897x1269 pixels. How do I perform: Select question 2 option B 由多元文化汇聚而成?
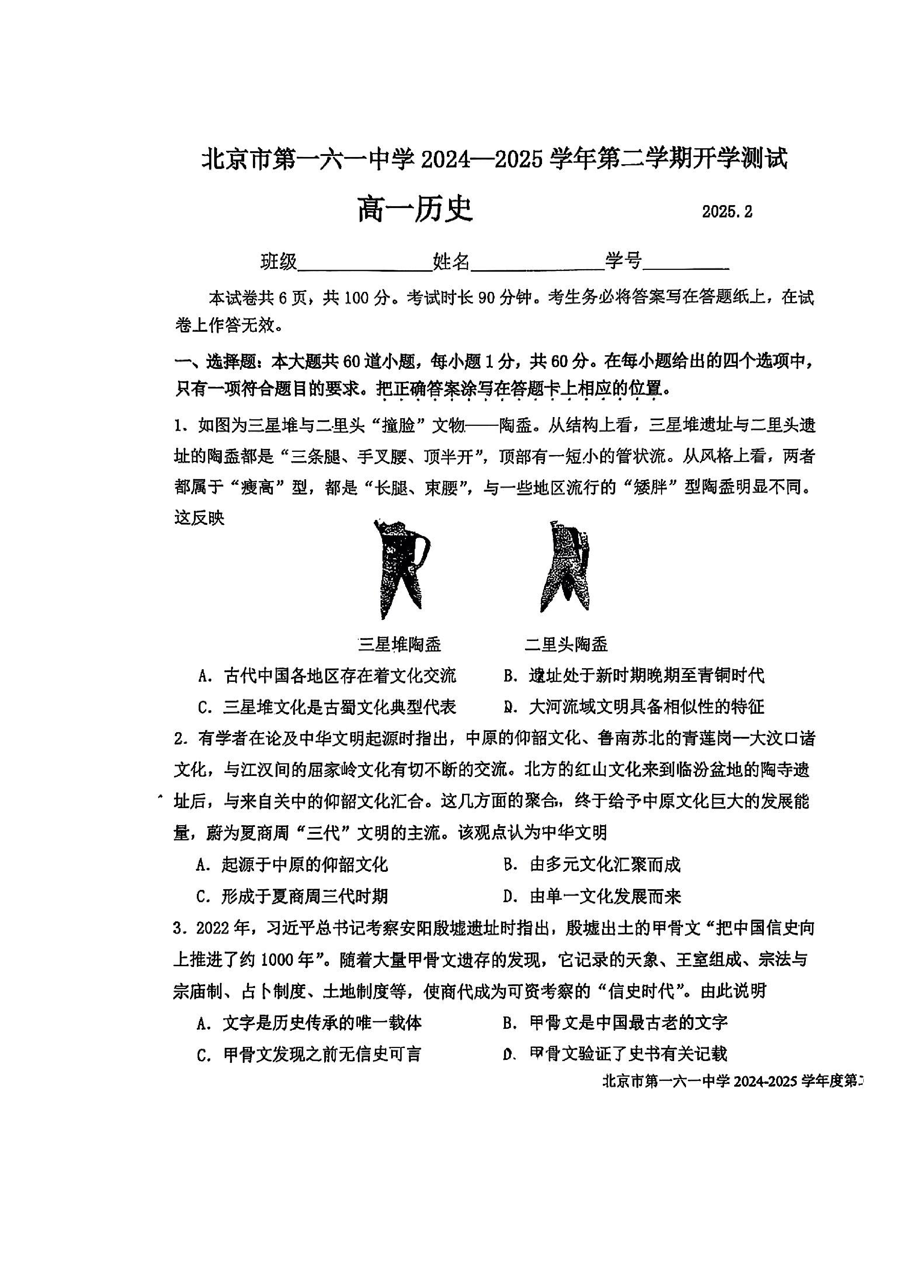coord(592,865)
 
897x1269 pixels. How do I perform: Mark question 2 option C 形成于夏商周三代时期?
coord(293,896)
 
